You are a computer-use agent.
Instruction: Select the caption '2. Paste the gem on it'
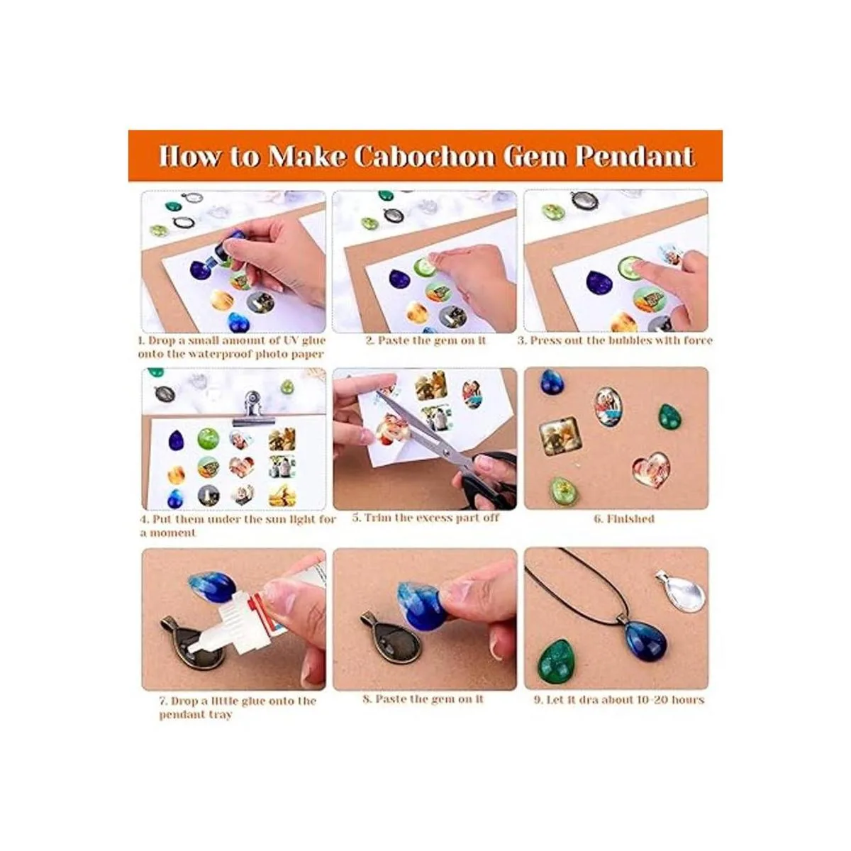pyautogui.click(x=425, y=340)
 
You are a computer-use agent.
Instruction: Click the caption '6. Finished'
pyautogui.click(x=624, y=518)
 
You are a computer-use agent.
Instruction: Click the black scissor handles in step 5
pyautogui.click(x=490, y=481)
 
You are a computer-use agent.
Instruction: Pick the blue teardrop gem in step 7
pyautogui.click(x=211, y=589)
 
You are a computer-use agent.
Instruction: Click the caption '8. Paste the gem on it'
pyautogui.click(x=423, y=699)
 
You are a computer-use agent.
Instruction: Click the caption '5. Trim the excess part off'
pyautogui.click(x=425, y=518)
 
